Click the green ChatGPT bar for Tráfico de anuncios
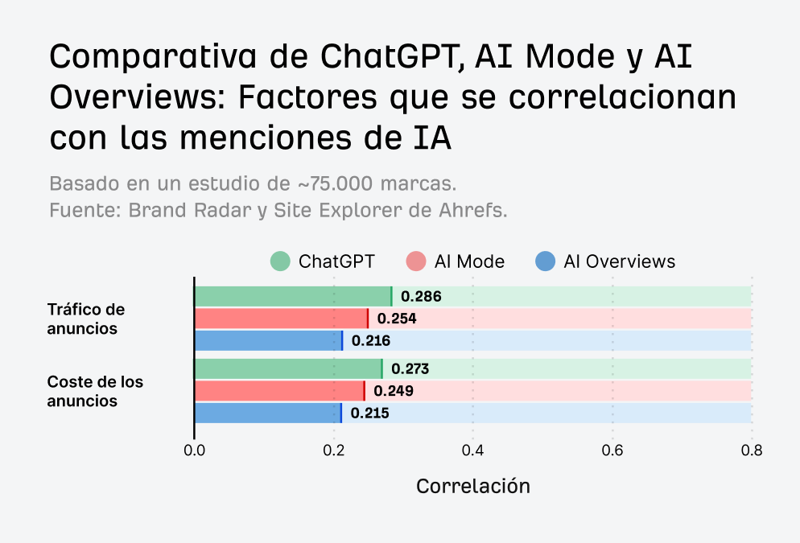point(293,296)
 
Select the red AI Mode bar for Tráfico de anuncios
point(281,319)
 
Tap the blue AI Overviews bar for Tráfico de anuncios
point(268,340)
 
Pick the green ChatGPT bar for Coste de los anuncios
point(288,369)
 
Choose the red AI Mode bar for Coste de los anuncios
point(279,391)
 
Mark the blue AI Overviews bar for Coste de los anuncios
point(267,413)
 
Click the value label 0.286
point(421,297)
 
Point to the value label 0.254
point(397,319)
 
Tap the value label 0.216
point(371,341)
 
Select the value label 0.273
point(410,370)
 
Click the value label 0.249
point(393,392)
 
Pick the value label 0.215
point(370,414)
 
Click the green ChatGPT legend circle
point(280,261)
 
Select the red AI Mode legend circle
point(415,261)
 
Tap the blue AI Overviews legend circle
point(546,261)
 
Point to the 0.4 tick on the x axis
point(473,451)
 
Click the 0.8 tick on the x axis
point(752,451)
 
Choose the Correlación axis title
point(473,487)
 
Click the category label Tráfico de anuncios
point(85,319)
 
